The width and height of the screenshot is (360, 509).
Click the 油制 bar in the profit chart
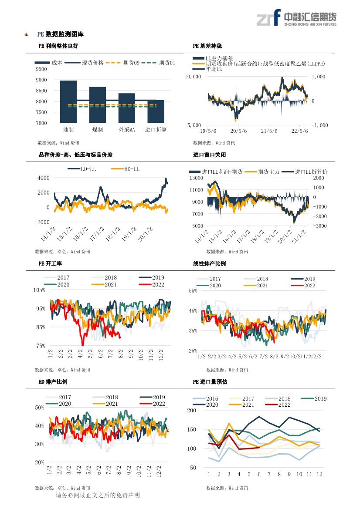click(68, 101)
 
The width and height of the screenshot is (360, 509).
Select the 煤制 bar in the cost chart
click(98, 105)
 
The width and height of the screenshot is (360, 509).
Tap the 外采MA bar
click(127, 108)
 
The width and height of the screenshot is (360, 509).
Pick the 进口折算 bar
click(156, 111)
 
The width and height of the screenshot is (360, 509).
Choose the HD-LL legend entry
click(125, 169)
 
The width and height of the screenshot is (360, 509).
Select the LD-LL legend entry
click(82, 169)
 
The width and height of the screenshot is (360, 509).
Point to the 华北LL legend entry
click(207, 69)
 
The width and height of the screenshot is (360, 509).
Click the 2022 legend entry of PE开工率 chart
click(152, 285)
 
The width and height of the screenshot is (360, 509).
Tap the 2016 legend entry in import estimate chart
click(205, 399)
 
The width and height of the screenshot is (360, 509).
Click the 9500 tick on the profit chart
click(41, 69)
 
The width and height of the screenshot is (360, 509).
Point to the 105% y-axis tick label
click(39, 290)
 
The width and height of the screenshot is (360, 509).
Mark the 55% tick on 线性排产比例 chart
click(193, 291)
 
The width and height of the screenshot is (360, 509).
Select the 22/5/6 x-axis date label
click(299, 131)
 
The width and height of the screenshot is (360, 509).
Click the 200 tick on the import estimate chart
click(192, 410)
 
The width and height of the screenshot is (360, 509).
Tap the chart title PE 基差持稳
click(207, 46)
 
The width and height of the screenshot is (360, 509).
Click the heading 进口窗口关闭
click(210, 155)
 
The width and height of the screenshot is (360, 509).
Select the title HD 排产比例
click(53, 382)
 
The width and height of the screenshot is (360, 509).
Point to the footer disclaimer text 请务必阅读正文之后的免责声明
click(98, 495)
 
